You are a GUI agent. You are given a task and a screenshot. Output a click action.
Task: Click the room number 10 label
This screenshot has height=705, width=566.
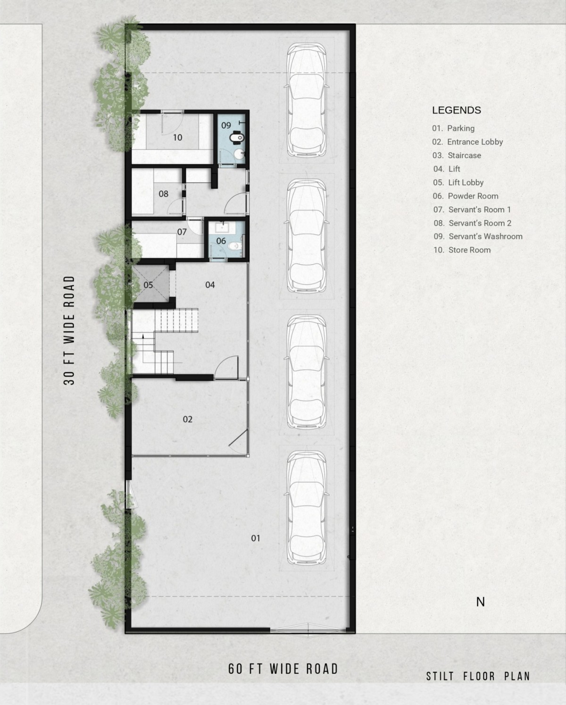coord(177,138)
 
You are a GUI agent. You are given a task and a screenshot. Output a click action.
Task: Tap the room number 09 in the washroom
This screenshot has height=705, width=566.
coord(226,125)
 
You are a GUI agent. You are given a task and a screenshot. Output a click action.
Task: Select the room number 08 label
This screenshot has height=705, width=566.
coord(164,194)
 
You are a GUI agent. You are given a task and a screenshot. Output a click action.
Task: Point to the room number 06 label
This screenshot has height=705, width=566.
coord(221,241)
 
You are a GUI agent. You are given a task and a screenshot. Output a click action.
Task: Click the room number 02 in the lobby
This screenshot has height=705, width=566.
coord(188,420)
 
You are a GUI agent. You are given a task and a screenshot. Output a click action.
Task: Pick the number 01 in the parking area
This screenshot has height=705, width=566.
coord(256,538)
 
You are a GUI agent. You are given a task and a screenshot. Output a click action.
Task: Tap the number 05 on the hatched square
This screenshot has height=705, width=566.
coord(148,285)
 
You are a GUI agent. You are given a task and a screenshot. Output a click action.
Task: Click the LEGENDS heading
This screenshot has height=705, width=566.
coord(457,110)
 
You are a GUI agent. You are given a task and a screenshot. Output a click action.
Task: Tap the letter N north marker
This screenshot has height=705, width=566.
coord(481,602)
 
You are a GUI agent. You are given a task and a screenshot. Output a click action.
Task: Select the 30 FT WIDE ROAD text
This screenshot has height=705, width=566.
coord(69,330)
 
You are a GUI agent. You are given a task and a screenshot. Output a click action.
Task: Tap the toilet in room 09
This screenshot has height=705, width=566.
coord(236,138)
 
